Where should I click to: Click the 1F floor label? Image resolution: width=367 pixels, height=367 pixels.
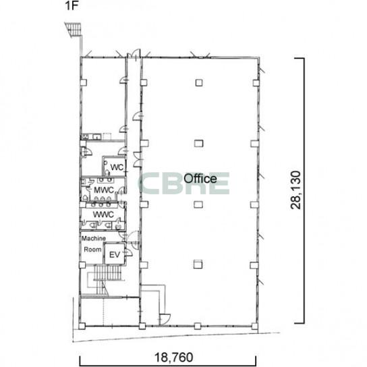click(72, 5)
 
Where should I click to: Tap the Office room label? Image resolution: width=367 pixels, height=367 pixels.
click(200, 179)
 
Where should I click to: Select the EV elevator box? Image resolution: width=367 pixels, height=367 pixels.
click(115, 254)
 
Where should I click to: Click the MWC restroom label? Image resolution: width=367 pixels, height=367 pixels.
click(103, 190)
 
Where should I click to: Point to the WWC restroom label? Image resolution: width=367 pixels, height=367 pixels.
click(103, 215)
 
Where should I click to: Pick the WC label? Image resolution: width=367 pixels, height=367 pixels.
click(117, 167)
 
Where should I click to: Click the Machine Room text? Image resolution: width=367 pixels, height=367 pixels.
click(93, 244)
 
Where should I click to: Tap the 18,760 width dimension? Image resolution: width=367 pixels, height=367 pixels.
click(173, 358)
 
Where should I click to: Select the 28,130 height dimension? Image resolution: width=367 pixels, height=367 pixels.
click(295, 190)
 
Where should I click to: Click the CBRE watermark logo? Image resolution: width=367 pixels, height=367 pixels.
click(184, 183)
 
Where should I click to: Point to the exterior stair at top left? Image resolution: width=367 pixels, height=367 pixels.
click(74, 29)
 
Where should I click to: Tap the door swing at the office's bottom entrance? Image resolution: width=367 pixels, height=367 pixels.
click(165, 319)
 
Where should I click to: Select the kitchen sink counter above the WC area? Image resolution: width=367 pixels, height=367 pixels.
click(91, 136)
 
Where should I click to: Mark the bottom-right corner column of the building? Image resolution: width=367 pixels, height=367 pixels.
click(254, 326)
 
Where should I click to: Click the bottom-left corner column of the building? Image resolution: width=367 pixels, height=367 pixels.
click(82, 326)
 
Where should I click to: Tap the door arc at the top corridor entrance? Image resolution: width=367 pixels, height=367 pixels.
click(136, 53)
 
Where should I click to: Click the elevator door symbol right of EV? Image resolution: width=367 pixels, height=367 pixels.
click(128, 252)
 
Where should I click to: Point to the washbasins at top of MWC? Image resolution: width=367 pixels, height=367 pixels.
click(105, 180)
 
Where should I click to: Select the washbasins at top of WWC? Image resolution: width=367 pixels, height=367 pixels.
click(101, 205)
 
